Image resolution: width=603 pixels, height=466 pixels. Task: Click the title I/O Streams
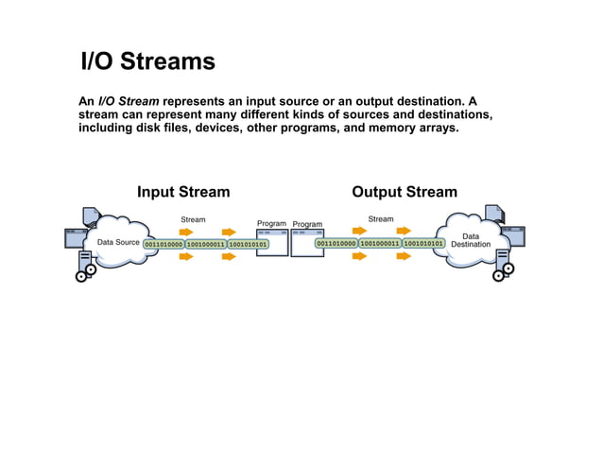tap(148, 62)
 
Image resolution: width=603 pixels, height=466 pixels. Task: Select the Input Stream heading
tap(183, 192)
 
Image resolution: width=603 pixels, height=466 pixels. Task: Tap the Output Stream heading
tap(405, 192)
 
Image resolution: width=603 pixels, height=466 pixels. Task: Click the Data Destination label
tap(471, 240)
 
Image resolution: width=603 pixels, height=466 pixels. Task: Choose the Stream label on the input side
tap(193, 219)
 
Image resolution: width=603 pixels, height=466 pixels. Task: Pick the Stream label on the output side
tap(381, 219)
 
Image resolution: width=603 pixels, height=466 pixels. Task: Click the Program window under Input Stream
tap(272, 242)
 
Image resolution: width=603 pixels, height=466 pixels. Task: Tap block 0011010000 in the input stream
tap(164, 244)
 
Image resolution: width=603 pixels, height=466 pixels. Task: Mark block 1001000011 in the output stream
tap(380, 243)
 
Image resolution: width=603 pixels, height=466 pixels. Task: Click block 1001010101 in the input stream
tap(248, 244)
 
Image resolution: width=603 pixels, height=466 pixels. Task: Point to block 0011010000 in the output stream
tap(336, 243)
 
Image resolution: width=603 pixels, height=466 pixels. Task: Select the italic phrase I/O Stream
tap(129, 101)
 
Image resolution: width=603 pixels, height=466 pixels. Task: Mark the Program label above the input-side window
tap(272, 224)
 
